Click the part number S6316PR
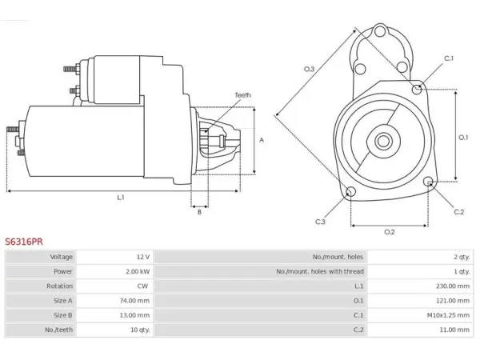pyautogui.click(x=24, y=242)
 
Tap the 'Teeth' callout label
pyautogui.click(x=242, y=95)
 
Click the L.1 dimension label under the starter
pyautogui.click(x=121, y=198)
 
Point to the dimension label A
pyautogui.click(x=262, y=140)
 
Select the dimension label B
pyautogui.click(x=199, y=212)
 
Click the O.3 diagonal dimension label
pyautogui.click(x=309, y=69)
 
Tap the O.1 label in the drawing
pyautogui.click(x=463, y=138)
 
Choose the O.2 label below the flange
pyautogui.click(x=390, y=232)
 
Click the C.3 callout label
pyautogui.click(x=320, y=222)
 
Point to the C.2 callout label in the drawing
pyautogui.click(x=459, y=212)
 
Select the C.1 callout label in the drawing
pyautogui.click(x=449, y=58)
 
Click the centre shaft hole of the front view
pyautogui.click(x=383, y=142)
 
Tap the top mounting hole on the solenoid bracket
pyautogui.click(x=379, y=31)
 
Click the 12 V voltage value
pyautogui.click(x=143, y=257)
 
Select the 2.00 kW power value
pyautogui.click(x=138, y=271)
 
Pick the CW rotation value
pyautogui.click(x=142, y=286)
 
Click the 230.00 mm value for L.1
pyautogui.click(x=453, y=286)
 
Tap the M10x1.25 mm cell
pyautogui.click(x=448, y=315)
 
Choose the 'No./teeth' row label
pyautogui.click(x=58, y=330)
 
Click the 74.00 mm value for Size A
pyautogui.click(x=134, y=301)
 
